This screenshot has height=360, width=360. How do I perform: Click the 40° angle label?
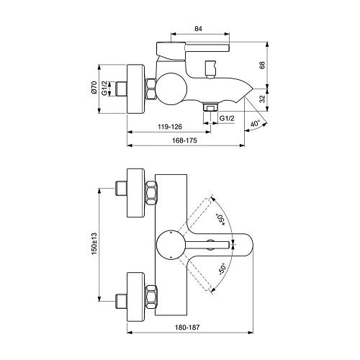[x=256, y=123]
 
